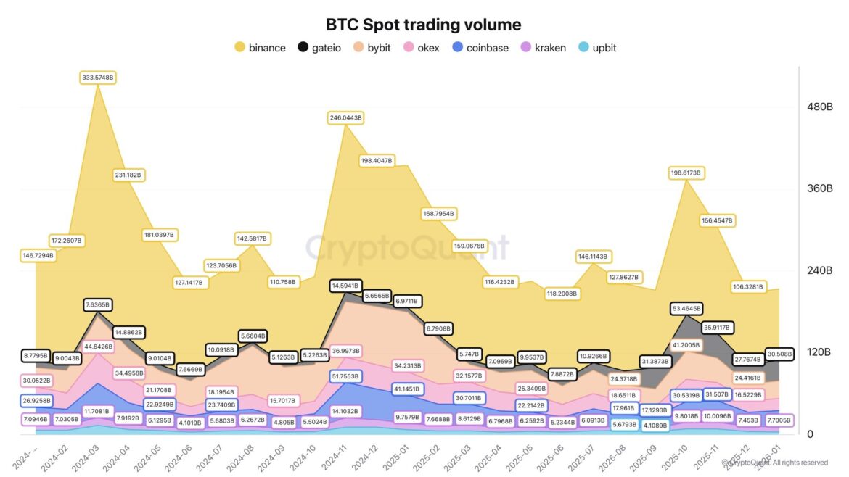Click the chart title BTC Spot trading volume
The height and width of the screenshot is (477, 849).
coord(423,25)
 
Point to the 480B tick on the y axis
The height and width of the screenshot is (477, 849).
coord(819,107)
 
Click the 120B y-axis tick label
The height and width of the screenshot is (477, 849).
coord(819,352)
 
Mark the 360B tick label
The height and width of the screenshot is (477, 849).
coord(819,188)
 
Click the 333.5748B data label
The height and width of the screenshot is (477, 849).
coord(98,77)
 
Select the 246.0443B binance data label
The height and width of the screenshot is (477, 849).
coord(345,117)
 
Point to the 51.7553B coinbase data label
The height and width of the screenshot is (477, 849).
coord(345,376)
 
